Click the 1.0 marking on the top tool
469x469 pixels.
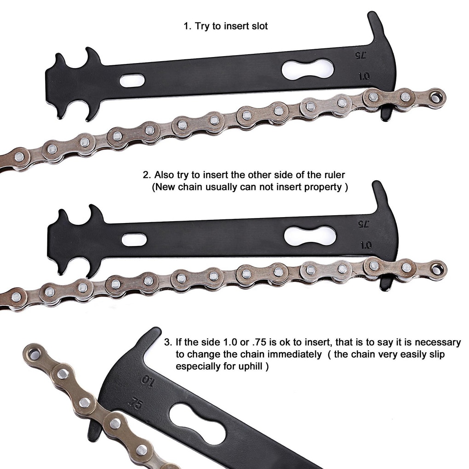click(364, 76)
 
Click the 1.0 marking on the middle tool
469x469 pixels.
click(366, 245)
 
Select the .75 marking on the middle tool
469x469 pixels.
click(363, 224)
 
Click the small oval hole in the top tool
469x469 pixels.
click(132, 80)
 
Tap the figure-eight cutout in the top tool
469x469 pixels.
click(307, 69)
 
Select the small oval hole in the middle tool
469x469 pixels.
click(134, 240)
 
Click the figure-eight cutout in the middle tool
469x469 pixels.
click(309, 235)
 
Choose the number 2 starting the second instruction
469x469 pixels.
click(146, 175)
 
